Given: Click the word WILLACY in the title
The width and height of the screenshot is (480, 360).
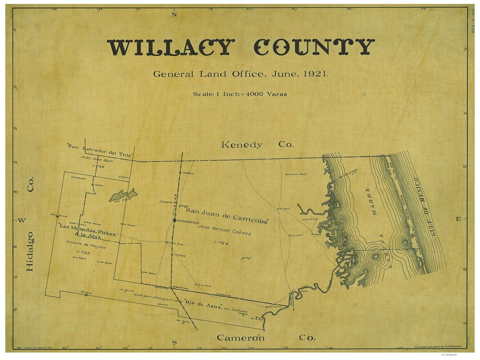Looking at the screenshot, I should (x=171, y=47).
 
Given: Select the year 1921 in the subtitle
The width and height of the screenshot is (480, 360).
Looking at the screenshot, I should (x=316, y=74).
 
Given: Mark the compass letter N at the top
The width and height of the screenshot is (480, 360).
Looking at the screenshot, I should (x=174, y=15).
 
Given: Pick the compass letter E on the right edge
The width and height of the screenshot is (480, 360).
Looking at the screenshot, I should (x=458, y=219).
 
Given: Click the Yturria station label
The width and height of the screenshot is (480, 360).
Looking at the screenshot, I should (x=187, y=173).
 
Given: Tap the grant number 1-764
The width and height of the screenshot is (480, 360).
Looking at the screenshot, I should (x=221, y=243).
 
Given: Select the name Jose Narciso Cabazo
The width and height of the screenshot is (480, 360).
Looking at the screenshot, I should (x=226, y=229).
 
